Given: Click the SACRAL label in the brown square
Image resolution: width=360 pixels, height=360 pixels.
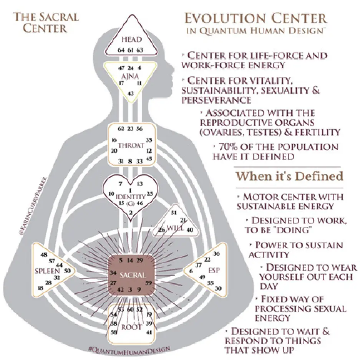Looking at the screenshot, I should coord(132,275).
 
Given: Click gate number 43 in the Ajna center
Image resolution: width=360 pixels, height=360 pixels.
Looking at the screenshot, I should coord(131,93).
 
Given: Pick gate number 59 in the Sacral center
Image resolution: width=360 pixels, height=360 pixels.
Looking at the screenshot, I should coord(149,283).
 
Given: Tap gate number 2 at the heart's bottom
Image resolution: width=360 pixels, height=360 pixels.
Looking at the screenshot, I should coord(131,213).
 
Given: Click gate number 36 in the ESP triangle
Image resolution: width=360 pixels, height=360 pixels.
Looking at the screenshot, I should coord(216,254).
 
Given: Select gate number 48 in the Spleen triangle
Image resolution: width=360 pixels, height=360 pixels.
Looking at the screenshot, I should coord(43,254).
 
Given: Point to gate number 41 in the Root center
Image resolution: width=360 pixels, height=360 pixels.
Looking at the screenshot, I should coord(149,332).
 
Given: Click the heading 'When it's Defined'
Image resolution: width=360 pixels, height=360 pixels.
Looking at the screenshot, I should coord(289,176).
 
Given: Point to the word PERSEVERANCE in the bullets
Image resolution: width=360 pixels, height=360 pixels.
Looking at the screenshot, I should coord(217,100).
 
